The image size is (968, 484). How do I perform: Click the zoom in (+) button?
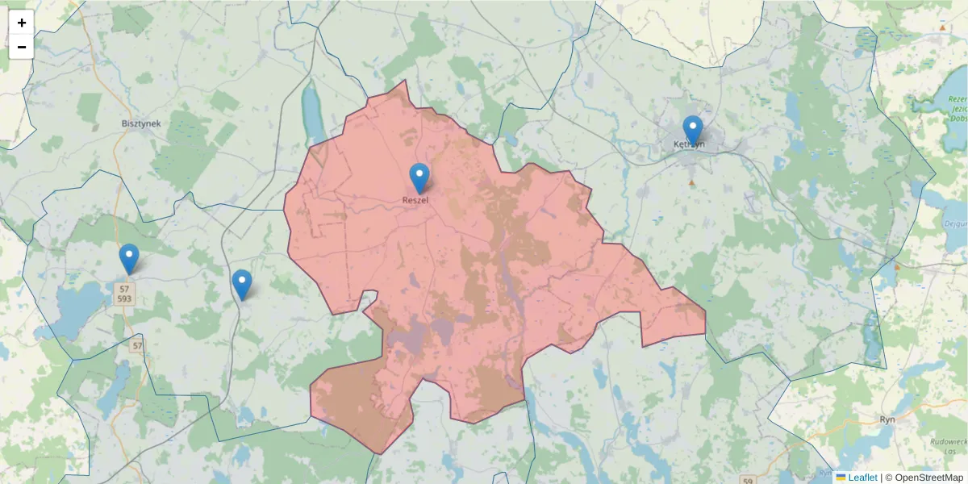click(22, 23)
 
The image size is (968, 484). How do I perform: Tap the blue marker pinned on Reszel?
click(419, 177)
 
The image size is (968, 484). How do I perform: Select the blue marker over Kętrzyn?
click(692, 130)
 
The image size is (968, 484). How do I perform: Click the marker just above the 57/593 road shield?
click(129, 258)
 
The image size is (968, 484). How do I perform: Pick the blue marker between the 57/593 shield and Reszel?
click(242, 284)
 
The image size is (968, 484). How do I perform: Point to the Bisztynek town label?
click(141, 123)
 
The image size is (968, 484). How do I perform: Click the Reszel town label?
click(415, 200)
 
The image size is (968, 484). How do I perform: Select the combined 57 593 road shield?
click(124, 294)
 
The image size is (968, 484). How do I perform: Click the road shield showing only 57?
click(137, 346)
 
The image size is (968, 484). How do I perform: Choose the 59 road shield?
click(749, 482)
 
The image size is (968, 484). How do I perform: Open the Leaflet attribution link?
click(862, 478)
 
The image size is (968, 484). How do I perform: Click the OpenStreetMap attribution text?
click(929, 478)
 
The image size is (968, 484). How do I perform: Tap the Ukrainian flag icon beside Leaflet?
click(841, 478)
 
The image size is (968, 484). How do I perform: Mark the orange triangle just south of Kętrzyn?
click(691, 183)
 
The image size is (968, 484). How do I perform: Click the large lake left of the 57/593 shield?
click(77, 311)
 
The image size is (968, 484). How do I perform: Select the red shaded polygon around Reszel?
click(484, 282)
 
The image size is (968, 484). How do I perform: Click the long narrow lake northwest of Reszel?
click(311, 113)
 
